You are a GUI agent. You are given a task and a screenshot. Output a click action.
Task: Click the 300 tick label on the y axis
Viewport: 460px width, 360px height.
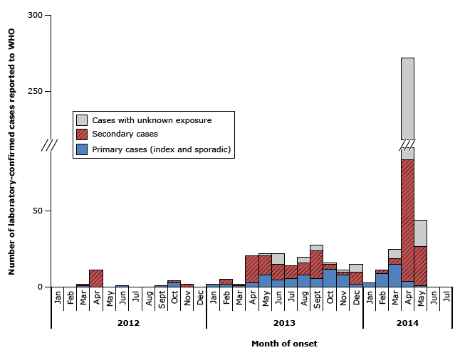point(34,15)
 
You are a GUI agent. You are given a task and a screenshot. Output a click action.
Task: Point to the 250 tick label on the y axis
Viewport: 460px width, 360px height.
point(34,92)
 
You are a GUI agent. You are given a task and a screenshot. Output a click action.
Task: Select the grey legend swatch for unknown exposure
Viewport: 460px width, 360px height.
point(83,120)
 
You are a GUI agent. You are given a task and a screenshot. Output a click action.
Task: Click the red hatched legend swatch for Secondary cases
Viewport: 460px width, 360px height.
point(83,134)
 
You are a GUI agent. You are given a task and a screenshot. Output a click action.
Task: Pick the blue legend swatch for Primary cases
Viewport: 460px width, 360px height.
point(83,149)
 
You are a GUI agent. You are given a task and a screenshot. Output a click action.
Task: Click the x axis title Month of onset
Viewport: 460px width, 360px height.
point(284,344)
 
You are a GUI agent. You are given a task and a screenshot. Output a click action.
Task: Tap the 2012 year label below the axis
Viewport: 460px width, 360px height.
point(128,323)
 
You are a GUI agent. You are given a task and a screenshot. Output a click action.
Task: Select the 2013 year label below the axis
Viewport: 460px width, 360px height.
point(284,323)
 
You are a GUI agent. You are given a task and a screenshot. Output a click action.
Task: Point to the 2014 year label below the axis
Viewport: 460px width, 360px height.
point(408,323)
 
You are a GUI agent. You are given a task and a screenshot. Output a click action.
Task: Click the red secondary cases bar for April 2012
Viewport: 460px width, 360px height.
point(96,278)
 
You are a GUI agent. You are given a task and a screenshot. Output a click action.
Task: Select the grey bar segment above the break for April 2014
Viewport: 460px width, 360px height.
point(407,99)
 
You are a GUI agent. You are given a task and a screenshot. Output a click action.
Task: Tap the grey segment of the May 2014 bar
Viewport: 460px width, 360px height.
point(420,233)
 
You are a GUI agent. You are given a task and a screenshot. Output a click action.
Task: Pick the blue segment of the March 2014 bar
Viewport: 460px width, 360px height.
point(394,275)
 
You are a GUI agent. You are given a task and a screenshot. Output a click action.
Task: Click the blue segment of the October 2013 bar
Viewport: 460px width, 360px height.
point(330,277)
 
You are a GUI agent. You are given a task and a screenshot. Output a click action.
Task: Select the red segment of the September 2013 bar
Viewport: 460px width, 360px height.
point(316,264)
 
